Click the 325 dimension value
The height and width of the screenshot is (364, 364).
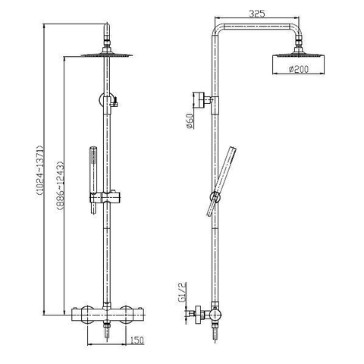(257, 14)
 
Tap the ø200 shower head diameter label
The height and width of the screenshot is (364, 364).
(298, 69)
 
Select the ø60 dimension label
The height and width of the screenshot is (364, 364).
(190, 121)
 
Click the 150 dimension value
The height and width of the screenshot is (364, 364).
(137, 340)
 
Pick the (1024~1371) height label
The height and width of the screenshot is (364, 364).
(40, 171)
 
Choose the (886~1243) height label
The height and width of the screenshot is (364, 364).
(60, 186)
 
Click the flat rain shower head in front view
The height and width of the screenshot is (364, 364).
(107, 54)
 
